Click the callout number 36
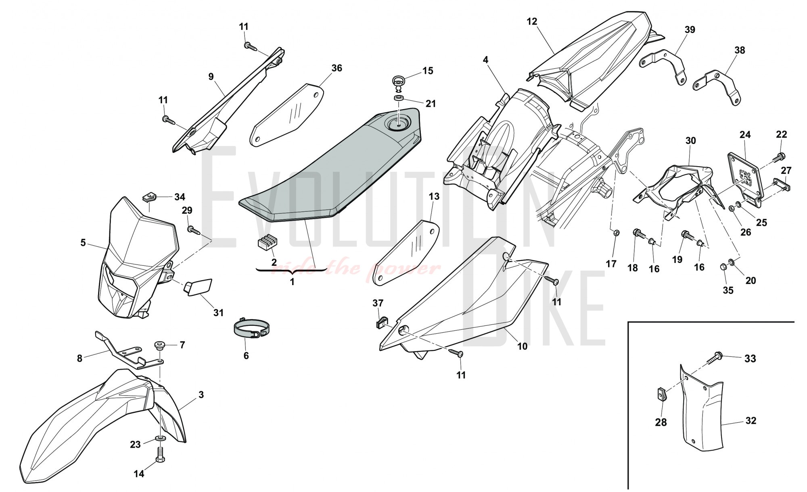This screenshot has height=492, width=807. pyautogui.click(x=337, y=68)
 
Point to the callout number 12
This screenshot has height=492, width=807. pyautogui.click(x=532, y=21)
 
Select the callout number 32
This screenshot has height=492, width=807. pyautogui.click(x=751, y=421)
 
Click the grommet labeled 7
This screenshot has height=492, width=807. pyautogui.click(x=160, y=346)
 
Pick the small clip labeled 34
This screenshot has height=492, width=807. pyautogui.click(x=149, y=198)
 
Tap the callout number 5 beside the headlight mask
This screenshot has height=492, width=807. pyautogui.click(x=83, y=242)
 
